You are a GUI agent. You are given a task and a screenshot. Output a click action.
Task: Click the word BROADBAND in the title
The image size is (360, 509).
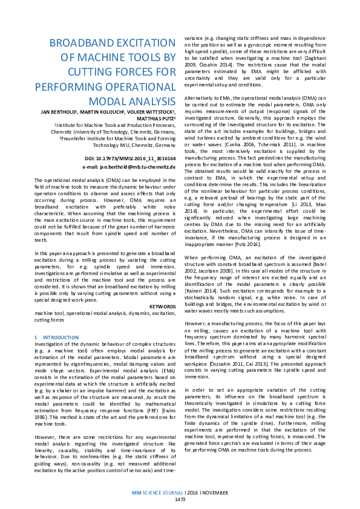click(x=88, y=44)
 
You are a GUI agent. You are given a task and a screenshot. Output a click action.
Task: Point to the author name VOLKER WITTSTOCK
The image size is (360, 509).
click(x=147, y=112)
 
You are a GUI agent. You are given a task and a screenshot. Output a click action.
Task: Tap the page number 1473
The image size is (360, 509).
click(x=180, y=499)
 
